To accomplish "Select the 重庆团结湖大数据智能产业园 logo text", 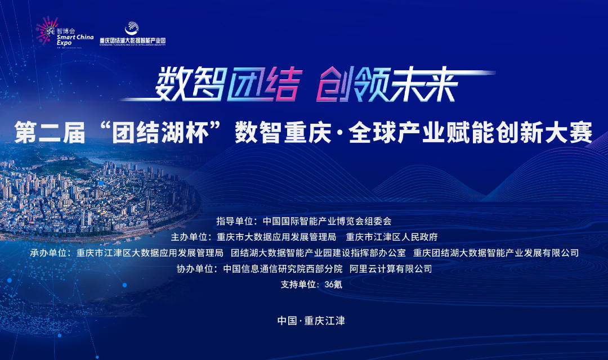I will coord(132,40).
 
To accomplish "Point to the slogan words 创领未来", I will coord(385,84).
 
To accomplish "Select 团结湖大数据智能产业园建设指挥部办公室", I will coord(318,253).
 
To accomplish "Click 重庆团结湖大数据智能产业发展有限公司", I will coord(496,253).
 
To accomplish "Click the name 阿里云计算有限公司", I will coord(391,269).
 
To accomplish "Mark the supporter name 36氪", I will coord(333,285).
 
